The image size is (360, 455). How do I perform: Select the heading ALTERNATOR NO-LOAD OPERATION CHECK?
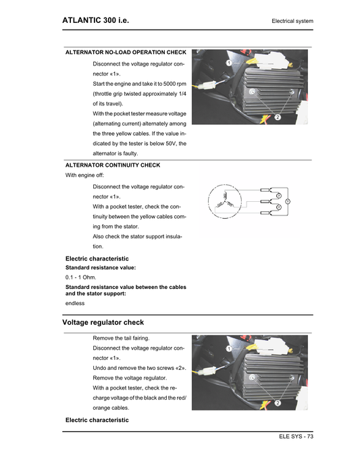[125, 52]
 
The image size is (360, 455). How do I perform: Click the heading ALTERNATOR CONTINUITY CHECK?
[112, 165]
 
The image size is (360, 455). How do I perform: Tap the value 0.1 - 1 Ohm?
[80, 278]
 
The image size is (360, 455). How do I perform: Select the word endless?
[75, 303]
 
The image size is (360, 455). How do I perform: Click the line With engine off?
[84, 175]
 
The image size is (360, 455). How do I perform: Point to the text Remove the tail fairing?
[121, 338]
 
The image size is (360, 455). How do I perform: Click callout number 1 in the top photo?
[229, 63]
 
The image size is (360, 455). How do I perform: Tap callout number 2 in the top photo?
[277, 117]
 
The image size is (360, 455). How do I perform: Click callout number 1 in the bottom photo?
[229, 348]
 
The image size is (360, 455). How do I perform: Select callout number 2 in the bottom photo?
[277, 403]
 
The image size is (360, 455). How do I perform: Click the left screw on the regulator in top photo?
[251, 91]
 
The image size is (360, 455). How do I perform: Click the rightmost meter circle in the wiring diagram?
[287, 201]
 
